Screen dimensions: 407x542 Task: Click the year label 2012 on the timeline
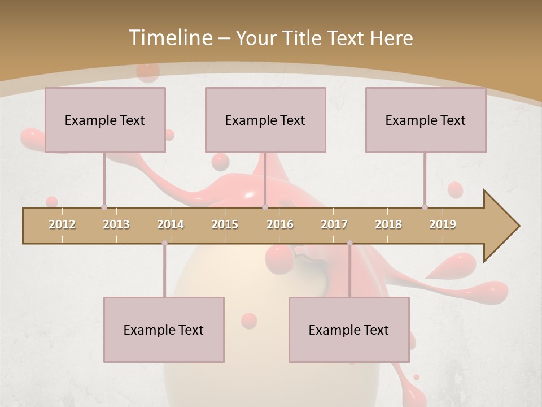(62, 224)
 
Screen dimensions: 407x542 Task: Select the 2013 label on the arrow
(116, 224)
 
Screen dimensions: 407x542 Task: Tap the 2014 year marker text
(171, 224)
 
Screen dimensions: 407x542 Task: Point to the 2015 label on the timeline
(225, 224)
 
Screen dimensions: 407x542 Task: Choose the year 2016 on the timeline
(280, 224)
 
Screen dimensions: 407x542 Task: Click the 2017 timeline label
(334, 224)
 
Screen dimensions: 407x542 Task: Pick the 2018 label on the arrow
(388, 224)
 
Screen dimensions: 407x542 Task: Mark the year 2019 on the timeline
(443, 224)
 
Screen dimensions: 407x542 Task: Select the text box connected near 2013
(105, 120)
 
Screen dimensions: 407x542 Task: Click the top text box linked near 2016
(265, 120)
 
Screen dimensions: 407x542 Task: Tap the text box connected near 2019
(426, 120)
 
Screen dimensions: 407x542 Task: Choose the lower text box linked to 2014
(164, 330)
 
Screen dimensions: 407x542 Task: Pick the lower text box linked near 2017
(349, 330)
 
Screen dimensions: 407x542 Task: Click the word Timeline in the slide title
(169, 37)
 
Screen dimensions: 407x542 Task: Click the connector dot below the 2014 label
(164, 243)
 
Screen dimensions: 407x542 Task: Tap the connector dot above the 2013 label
(104, 207)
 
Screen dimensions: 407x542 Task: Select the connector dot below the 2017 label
(349, 243)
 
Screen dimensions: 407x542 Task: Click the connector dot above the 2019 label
(425, 207)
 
